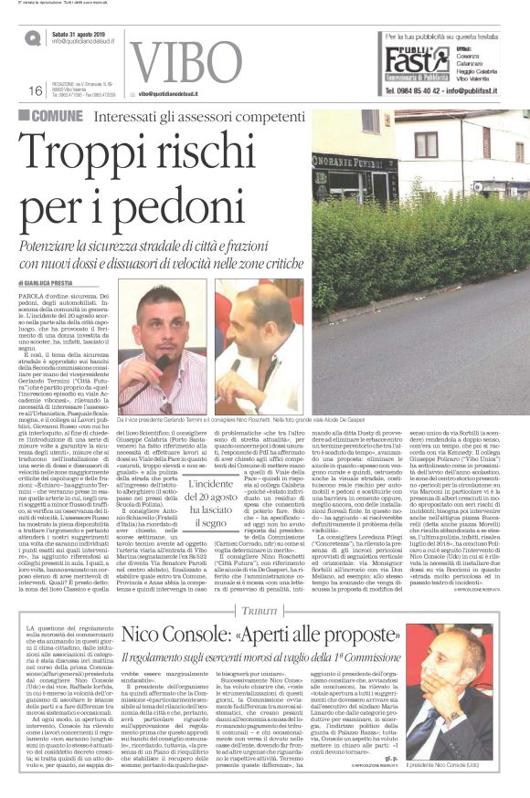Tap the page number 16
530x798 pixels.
[35, 89]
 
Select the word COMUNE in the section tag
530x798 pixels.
[56, 115]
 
